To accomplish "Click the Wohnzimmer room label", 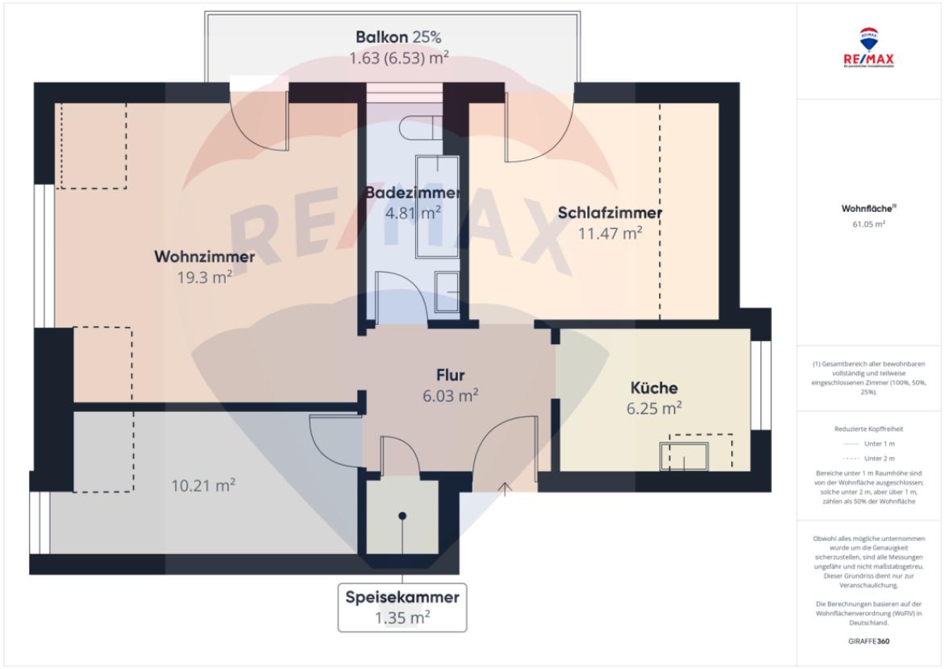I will point(205,257).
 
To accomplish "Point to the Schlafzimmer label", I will point(610,213).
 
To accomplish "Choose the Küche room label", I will point(654,388).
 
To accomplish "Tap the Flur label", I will point(451,374).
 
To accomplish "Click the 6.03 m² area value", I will point(451,395).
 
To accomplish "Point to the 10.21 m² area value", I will point(203,485).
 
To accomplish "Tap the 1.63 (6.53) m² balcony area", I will point(398,58).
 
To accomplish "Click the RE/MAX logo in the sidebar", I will point(870,50).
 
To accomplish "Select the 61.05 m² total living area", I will point(870,224).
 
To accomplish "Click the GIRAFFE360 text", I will point(870,642).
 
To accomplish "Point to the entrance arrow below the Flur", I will point(506,488).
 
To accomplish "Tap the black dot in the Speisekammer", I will point(402,515).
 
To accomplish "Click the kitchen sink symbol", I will point(685,456).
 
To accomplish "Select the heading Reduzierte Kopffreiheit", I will point(870,430).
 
